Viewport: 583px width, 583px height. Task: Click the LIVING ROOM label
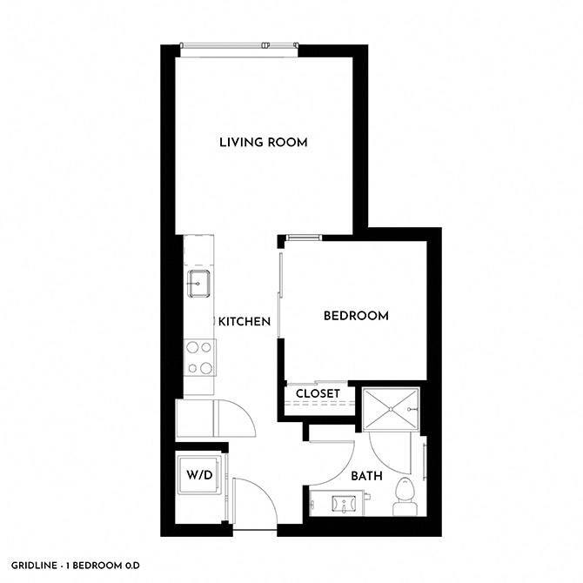point(263,142)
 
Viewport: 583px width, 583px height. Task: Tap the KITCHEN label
point(244,322)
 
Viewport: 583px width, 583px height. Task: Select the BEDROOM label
point(355,316)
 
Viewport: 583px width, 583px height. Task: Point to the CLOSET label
point(318,394)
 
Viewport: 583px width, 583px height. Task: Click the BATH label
point(365,476)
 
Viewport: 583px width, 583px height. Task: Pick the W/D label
point(200,476)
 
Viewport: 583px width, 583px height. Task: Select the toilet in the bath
point(405,493)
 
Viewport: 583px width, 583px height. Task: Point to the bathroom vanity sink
point(342,503)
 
